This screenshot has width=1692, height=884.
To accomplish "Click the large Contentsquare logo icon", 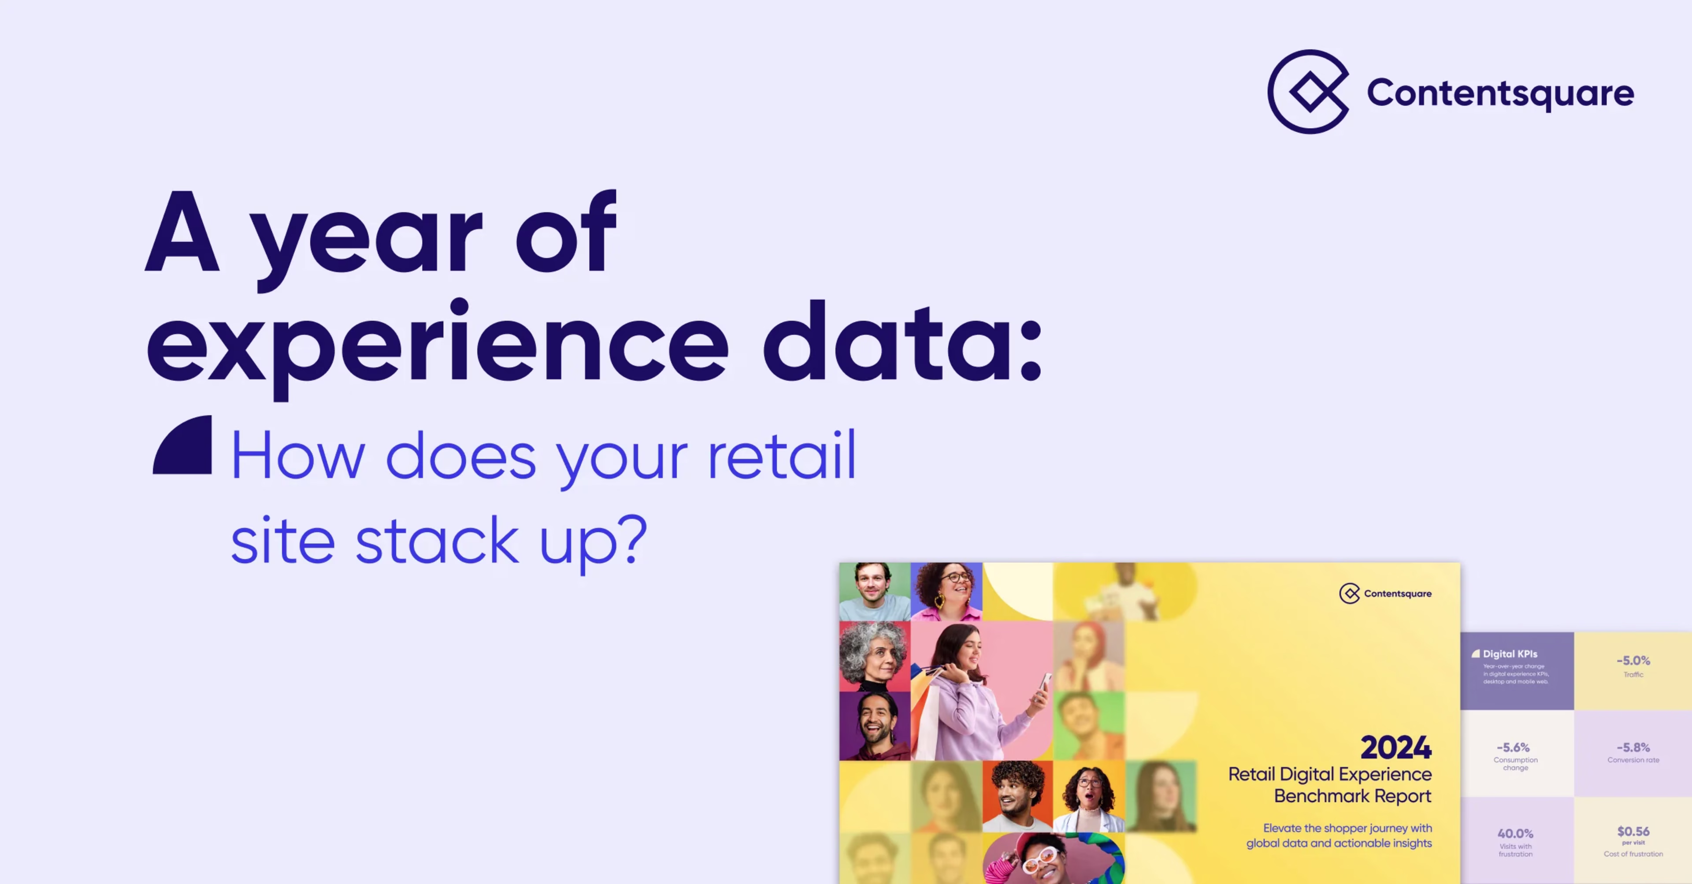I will click(1308, 92).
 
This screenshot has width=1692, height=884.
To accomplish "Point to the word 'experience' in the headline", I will click(437, 345).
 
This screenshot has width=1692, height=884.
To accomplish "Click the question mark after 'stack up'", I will click(634, 539).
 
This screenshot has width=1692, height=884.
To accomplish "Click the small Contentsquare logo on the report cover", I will click(1349, 594).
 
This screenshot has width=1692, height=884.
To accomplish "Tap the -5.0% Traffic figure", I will click(1633, 661).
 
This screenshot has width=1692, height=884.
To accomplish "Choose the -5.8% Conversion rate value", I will click(1633, 747).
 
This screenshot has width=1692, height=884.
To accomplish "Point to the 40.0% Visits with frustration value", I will click(1515, 833).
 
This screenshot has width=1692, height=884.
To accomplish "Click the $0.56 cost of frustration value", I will click(1633, 832).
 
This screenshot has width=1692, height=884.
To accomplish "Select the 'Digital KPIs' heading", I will click(1510, 654).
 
